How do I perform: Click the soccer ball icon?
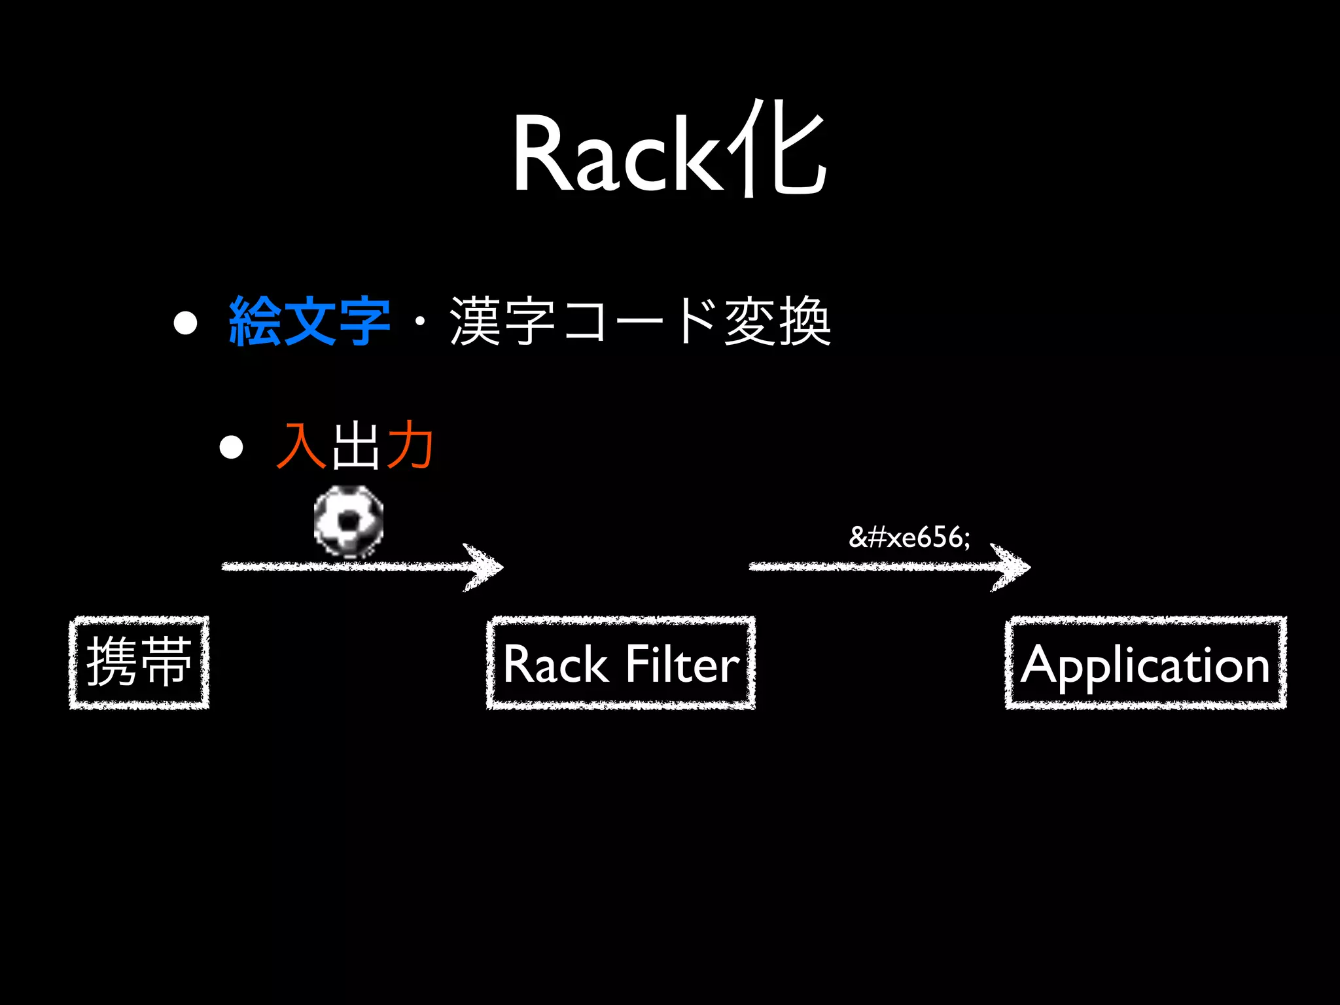click(x=349, y=521)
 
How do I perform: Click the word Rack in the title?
click(x=616, y=155)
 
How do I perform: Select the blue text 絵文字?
click(x=309, y=321)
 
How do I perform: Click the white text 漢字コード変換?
click(x=640, y=321)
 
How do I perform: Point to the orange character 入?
click(x=301, y=446)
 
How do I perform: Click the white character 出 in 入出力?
click(x=355, y=446)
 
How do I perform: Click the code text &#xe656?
click(x=909, y=537)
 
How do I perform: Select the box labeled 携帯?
click(x=139, y=662)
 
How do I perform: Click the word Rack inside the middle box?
click(x=555, y=664)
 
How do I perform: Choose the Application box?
click(x=1146, y=663)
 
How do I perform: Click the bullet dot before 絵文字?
click(x=186, y=323)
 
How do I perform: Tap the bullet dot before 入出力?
click(x=231, y=448)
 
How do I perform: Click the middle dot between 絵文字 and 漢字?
click(x=420, y=321)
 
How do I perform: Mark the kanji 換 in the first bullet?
click(x=804, y=321)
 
